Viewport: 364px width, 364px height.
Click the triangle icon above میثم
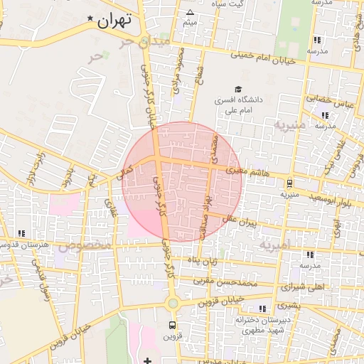tap(190, 13)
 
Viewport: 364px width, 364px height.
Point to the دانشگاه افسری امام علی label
tap(240, 105)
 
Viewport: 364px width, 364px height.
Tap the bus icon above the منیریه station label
tap(289, 181)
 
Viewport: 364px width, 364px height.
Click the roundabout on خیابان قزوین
tap(172, 304)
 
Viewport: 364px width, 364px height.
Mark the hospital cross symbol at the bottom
tap(147, 360)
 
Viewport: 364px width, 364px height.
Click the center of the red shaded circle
tap(183, 181)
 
